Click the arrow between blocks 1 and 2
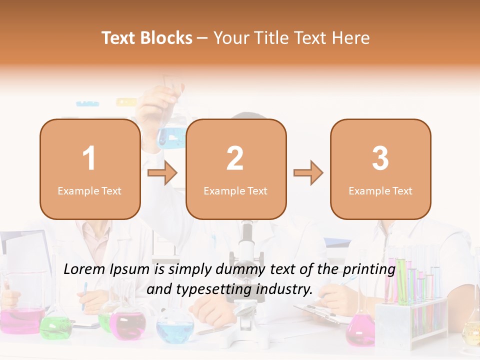pos(162,173)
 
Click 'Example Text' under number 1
pos(89,191)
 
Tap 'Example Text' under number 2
pos(235,191)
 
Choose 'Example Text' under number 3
pos(380,191)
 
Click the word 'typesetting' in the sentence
pos(215,289)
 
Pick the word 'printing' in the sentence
pos(369,269)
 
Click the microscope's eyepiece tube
pos(246,235)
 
